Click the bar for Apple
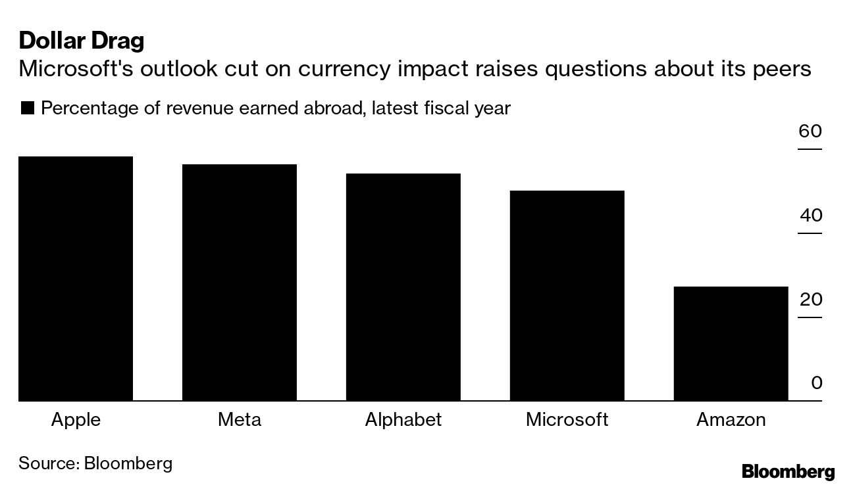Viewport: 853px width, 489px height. (x=76, y=279)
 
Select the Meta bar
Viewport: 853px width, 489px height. (x=240, y=283)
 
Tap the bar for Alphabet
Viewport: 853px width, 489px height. (x=403, y=287)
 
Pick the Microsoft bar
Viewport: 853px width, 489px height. (x=567, y=296)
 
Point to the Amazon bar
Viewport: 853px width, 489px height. (x=731, y=344)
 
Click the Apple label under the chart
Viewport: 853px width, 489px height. (x=76, y=419)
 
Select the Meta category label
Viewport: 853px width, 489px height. (x=240, y=419)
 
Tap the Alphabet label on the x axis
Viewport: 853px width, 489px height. (x=403, y=419)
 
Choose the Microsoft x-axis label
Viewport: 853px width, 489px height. (x=567, y=419)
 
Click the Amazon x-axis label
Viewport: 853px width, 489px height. (x=731, y=419)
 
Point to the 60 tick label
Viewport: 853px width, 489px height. (x=810, y=131)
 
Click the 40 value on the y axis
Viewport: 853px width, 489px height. (x=810, y=216)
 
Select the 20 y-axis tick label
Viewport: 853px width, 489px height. (x=810, y=300)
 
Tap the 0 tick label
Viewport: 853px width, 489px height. (x=816, y=383)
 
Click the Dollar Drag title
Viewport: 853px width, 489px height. (x=82, y=41)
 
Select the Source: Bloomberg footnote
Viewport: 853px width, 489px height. (x=95, y=463)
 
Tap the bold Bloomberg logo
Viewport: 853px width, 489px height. (x=788, y=471)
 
